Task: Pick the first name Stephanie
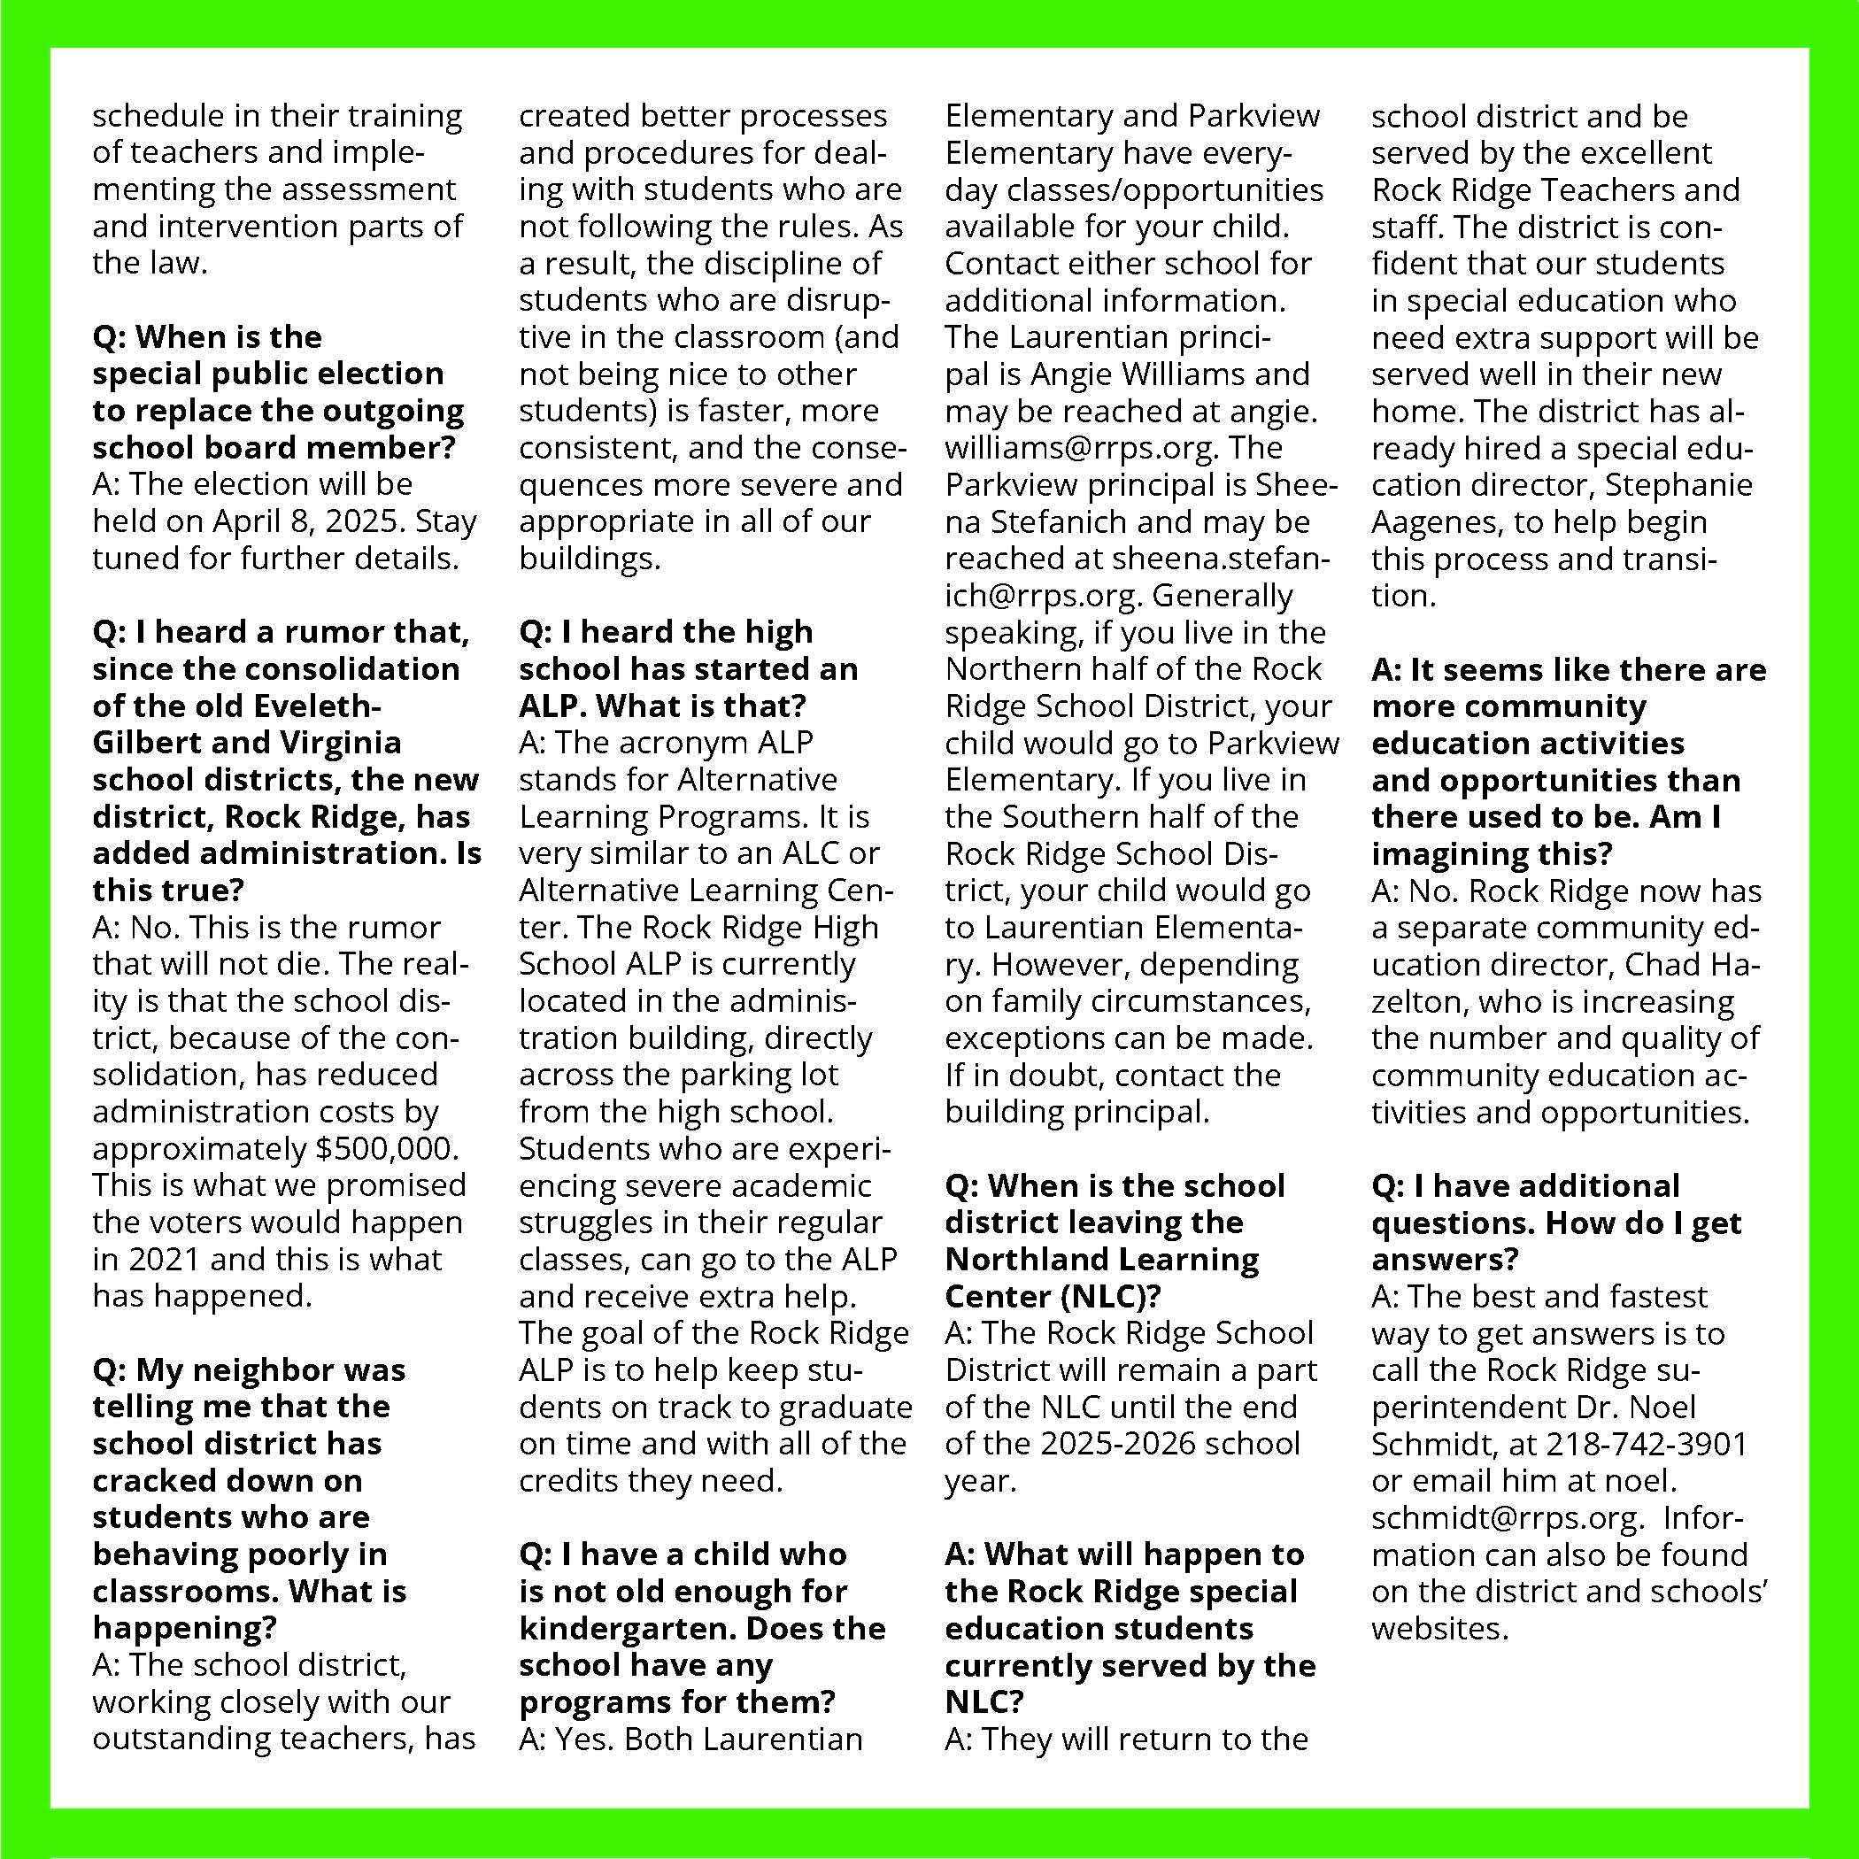[x=1678, y=485]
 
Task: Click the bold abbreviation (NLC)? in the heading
[x=1110, y=1297]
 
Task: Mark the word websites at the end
[x=1439, y=1629]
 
